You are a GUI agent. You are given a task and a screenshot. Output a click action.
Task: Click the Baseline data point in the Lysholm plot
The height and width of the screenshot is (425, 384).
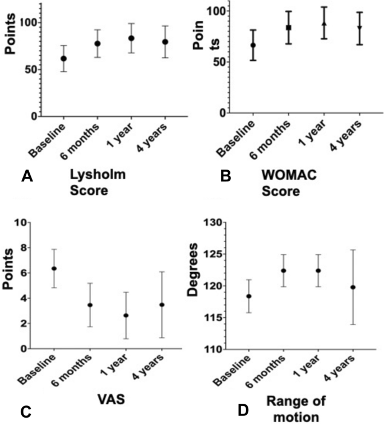63,58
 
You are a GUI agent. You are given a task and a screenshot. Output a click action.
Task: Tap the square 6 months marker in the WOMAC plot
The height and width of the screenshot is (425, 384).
289,28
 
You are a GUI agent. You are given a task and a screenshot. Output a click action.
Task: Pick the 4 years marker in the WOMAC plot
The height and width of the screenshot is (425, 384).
359,28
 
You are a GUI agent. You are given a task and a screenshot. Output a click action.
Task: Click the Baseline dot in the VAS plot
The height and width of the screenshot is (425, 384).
54,268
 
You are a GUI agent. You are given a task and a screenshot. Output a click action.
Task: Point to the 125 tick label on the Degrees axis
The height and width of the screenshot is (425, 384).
214,254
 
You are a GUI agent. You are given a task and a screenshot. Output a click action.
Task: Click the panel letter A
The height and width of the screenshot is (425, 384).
25,177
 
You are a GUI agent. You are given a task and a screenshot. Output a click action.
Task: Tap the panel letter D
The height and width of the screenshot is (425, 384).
242,395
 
